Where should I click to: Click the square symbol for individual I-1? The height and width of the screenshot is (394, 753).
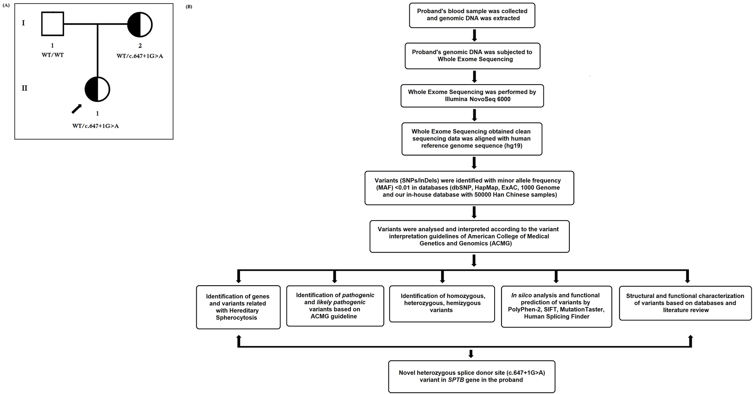click(x=53, y=24)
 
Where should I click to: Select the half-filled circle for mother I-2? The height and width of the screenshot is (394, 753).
click(x=140, y=25)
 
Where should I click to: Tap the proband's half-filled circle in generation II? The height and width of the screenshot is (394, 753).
click(x=97, y=89)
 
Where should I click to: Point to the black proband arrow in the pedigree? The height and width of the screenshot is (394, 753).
click(x=76, y=109)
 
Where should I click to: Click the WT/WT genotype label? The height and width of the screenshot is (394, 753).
click(x=53, y=55)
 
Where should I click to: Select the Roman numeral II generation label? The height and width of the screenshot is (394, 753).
click(x=24, y=88)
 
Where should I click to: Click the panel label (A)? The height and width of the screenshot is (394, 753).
click(x=6, y=6)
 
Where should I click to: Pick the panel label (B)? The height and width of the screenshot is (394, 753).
click(x=189, y=6)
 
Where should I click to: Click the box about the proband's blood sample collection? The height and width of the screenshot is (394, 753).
click(x=472, y=15)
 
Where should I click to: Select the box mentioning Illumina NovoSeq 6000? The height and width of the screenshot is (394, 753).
click(x=472, y=96)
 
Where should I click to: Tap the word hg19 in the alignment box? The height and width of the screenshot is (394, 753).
click(x=513, y=146)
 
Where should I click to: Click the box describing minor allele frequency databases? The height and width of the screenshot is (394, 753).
click(x=469, y=188)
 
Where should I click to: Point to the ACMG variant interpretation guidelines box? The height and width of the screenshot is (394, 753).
click(x=469, y=236)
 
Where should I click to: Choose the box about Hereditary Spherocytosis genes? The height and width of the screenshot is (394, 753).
click(x=238, y=307)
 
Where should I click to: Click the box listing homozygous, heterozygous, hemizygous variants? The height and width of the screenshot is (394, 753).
click(x=442, y=303)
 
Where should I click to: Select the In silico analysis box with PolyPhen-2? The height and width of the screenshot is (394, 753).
click(x=556, y=306)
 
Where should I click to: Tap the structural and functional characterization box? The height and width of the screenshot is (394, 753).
click(x=685, y=303)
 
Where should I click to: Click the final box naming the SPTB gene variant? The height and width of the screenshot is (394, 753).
click(x=472, y=377)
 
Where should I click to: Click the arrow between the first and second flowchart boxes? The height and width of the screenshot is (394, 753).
click(x=475, y=35)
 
